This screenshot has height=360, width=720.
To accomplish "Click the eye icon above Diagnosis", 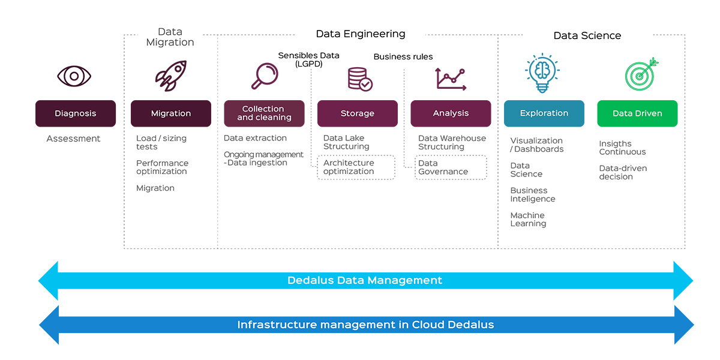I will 74,76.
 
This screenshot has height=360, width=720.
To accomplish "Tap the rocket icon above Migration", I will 170,76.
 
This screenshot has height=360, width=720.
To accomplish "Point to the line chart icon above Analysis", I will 450,79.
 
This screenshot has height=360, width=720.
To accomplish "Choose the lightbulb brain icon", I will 542,73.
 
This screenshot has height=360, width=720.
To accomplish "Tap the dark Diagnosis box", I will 75,113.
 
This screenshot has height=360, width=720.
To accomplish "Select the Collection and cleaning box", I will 264,113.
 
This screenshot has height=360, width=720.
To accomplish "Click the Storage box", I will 357,113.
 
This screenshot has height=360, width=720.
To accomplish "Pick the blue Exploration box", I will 544,113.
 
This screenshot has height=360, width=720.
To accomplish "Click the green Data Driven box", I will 637,113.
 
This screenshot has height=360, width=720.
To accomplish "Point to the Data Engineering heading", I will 361,34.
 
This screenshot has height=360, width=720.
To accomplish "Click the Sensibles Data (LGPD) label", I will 308,59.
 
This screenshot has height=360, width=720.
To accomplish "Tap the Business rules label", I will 403,57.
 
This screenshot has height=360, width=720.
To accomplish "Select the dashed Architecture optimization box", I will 356,167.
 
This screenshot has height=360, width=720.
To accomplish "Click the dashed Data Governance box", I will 451,167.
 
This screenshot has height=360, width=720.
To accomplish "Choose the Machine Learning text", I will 528,220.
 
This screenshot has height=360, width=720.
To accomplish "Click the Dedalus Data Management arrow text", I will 365,280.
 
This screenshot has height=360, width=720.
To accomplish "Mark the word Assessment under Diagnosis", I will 73,139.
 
